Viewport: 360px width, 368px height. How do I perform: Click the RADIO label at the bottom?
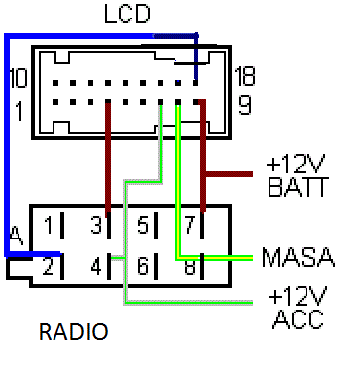click(73, 333)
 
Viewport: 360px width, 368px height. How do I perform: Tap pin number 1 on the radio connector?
click(48, 227)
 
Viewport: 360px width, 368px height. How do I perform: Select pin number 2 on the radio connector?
click(48, 263)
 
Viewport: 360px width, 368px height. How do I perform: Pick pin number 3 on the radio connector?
click(95, 227)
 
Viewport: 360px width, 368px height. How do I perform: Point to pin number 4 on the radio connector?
click(95, 263)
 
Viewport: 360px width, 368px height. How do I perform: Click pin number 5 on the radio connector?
click(143, 227)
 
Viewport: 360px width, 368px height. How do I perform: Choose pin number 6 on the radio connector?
click(143, 263)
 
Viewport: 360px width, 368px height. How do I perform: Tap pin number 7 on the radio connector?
click(191, 227)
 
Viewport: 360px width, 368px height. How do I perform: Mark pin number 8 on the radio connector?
click(191, 263)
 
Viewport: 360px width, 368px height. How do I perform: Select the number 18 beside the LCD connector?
click(246, 76)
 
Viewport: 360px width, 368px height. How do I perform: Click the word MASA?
click(298, 258)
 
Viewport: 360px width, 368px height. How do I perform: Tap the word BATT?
click(295, 187)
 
